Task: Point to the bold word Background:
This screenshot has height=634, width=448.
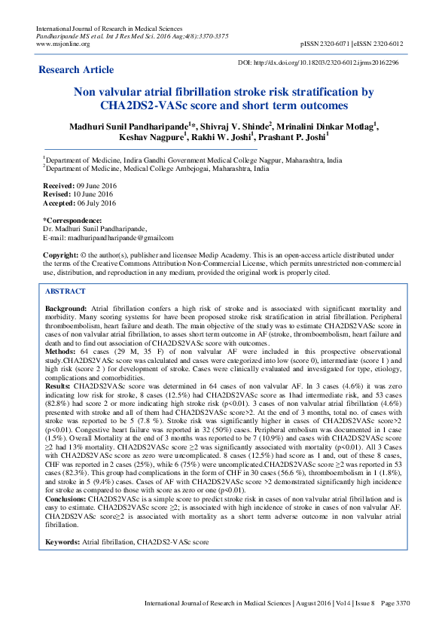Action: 66,309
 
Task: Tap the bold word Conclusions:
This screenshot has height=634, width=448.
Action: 66,520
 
